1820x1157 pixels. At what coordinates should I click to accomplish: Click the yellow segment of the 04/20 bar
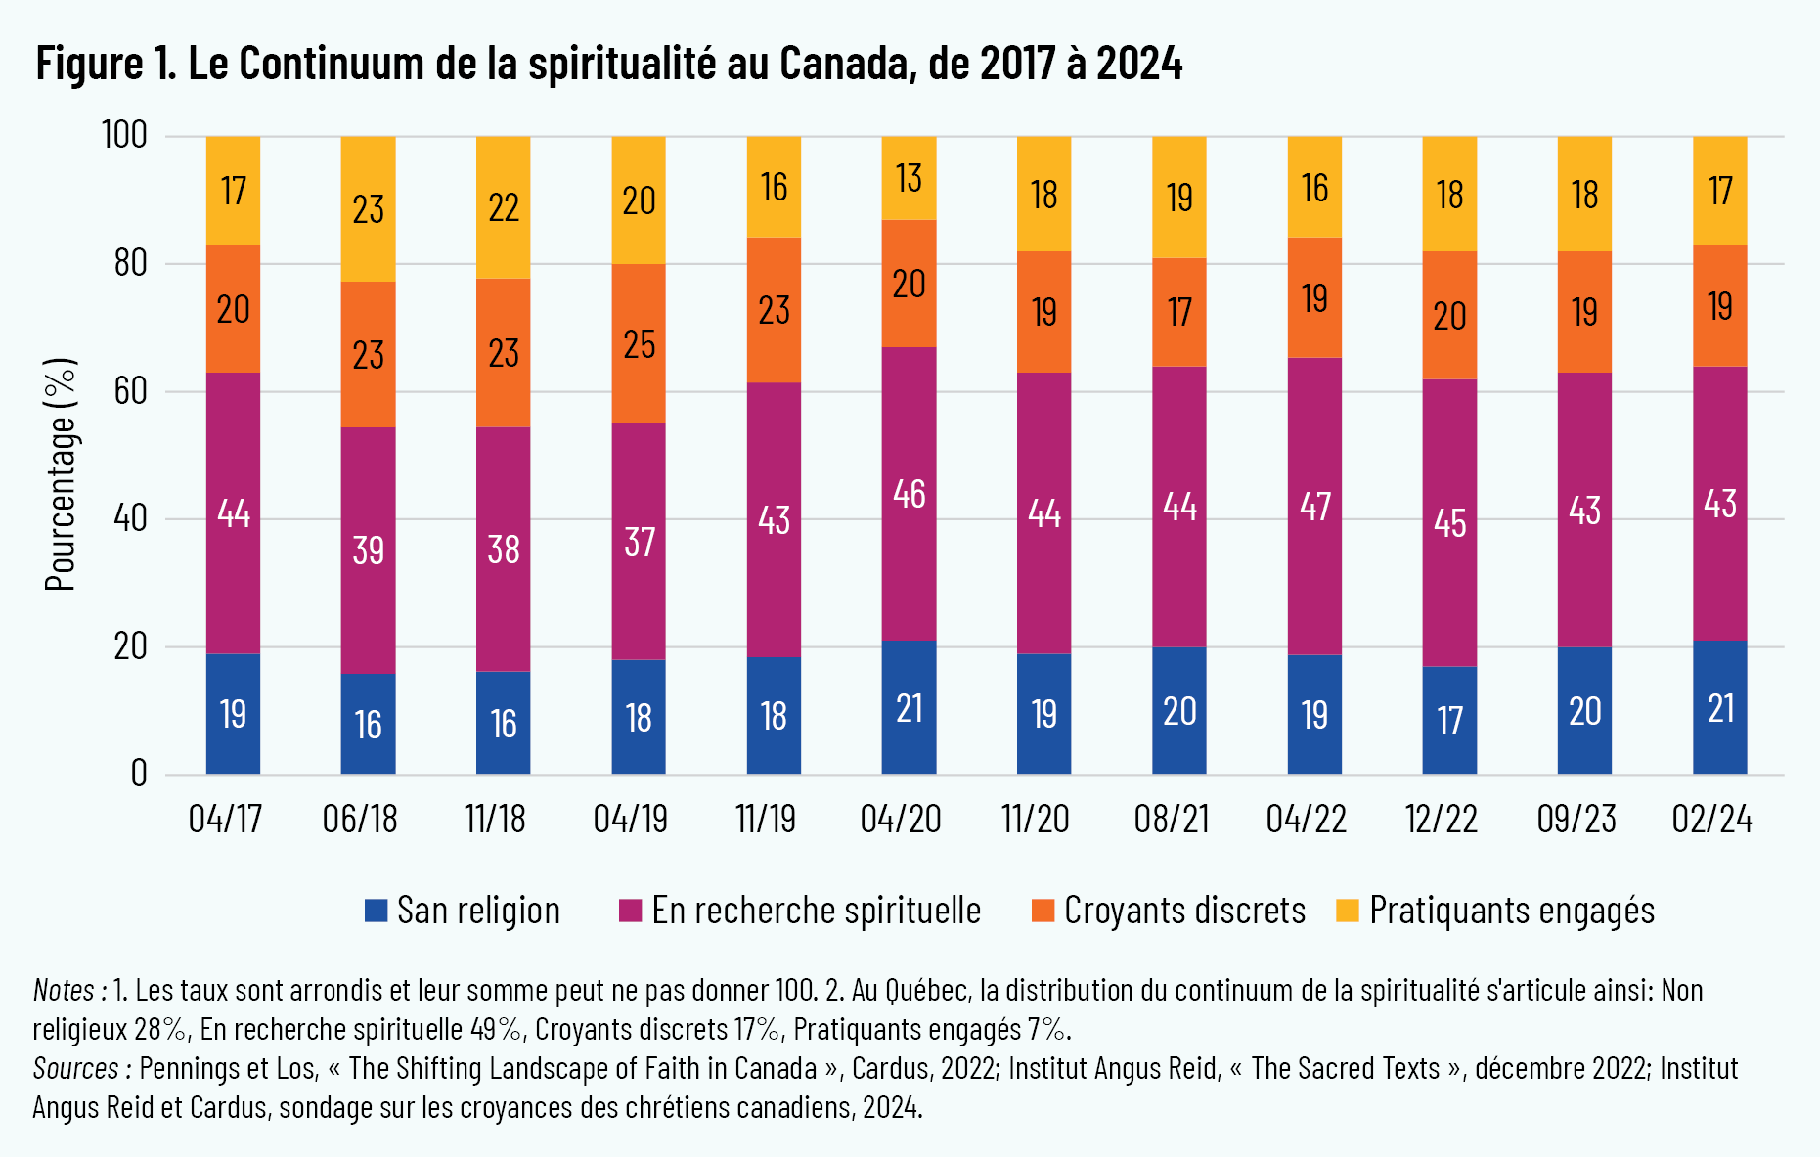click(909, 178)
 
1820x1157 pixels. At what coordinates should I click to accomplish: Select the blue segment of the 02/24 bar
click(1719, 708)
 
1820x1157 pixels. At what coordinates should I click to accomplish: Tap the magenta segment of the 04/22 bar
click(1314, 506)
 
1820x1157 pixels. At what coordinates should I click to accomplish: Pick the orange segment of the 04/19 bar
click(639, 343)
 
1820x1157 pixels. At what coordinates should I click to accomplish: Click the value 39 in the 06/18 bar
click(369, 551)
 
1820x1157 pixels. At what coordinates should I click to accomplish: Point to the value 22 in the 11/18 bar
click(504, 207)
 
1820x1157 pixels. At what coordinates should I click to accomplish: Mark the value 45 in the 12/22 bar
click(1449, 523)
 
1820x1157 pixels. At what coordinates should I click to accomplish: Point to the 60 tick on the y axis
click(130, 391)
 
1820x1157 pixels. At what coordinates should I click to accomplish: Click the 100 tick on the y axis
click(124, 135)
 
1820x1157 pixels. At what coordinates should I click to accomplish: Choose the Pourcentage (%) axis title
click(61, 474)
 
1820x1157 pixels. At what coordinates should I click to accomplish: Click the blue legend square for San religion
click(377, 911)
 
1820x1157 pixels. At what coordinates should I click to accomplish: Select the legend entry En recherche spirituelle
click(816, 911)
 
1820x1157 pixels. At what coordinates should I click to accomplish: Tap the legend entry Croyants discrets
click(1184, 911)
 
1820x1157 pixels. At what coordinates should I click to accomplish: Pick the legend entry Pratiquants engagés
click(1511, 911)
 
